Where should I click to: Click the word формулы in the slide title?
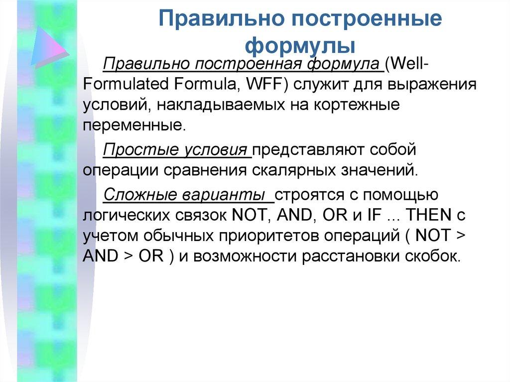pos(300,46)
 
